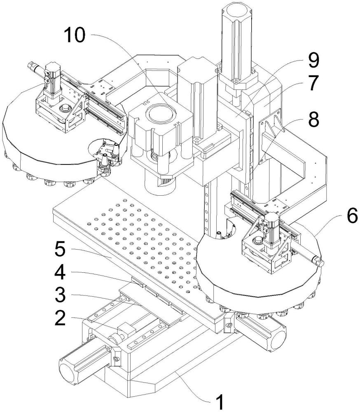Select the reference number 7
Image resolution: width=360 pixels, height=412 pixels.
point(312,84)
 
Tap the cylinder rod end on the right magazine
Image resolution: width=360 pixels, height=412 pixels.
point(320,261)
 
